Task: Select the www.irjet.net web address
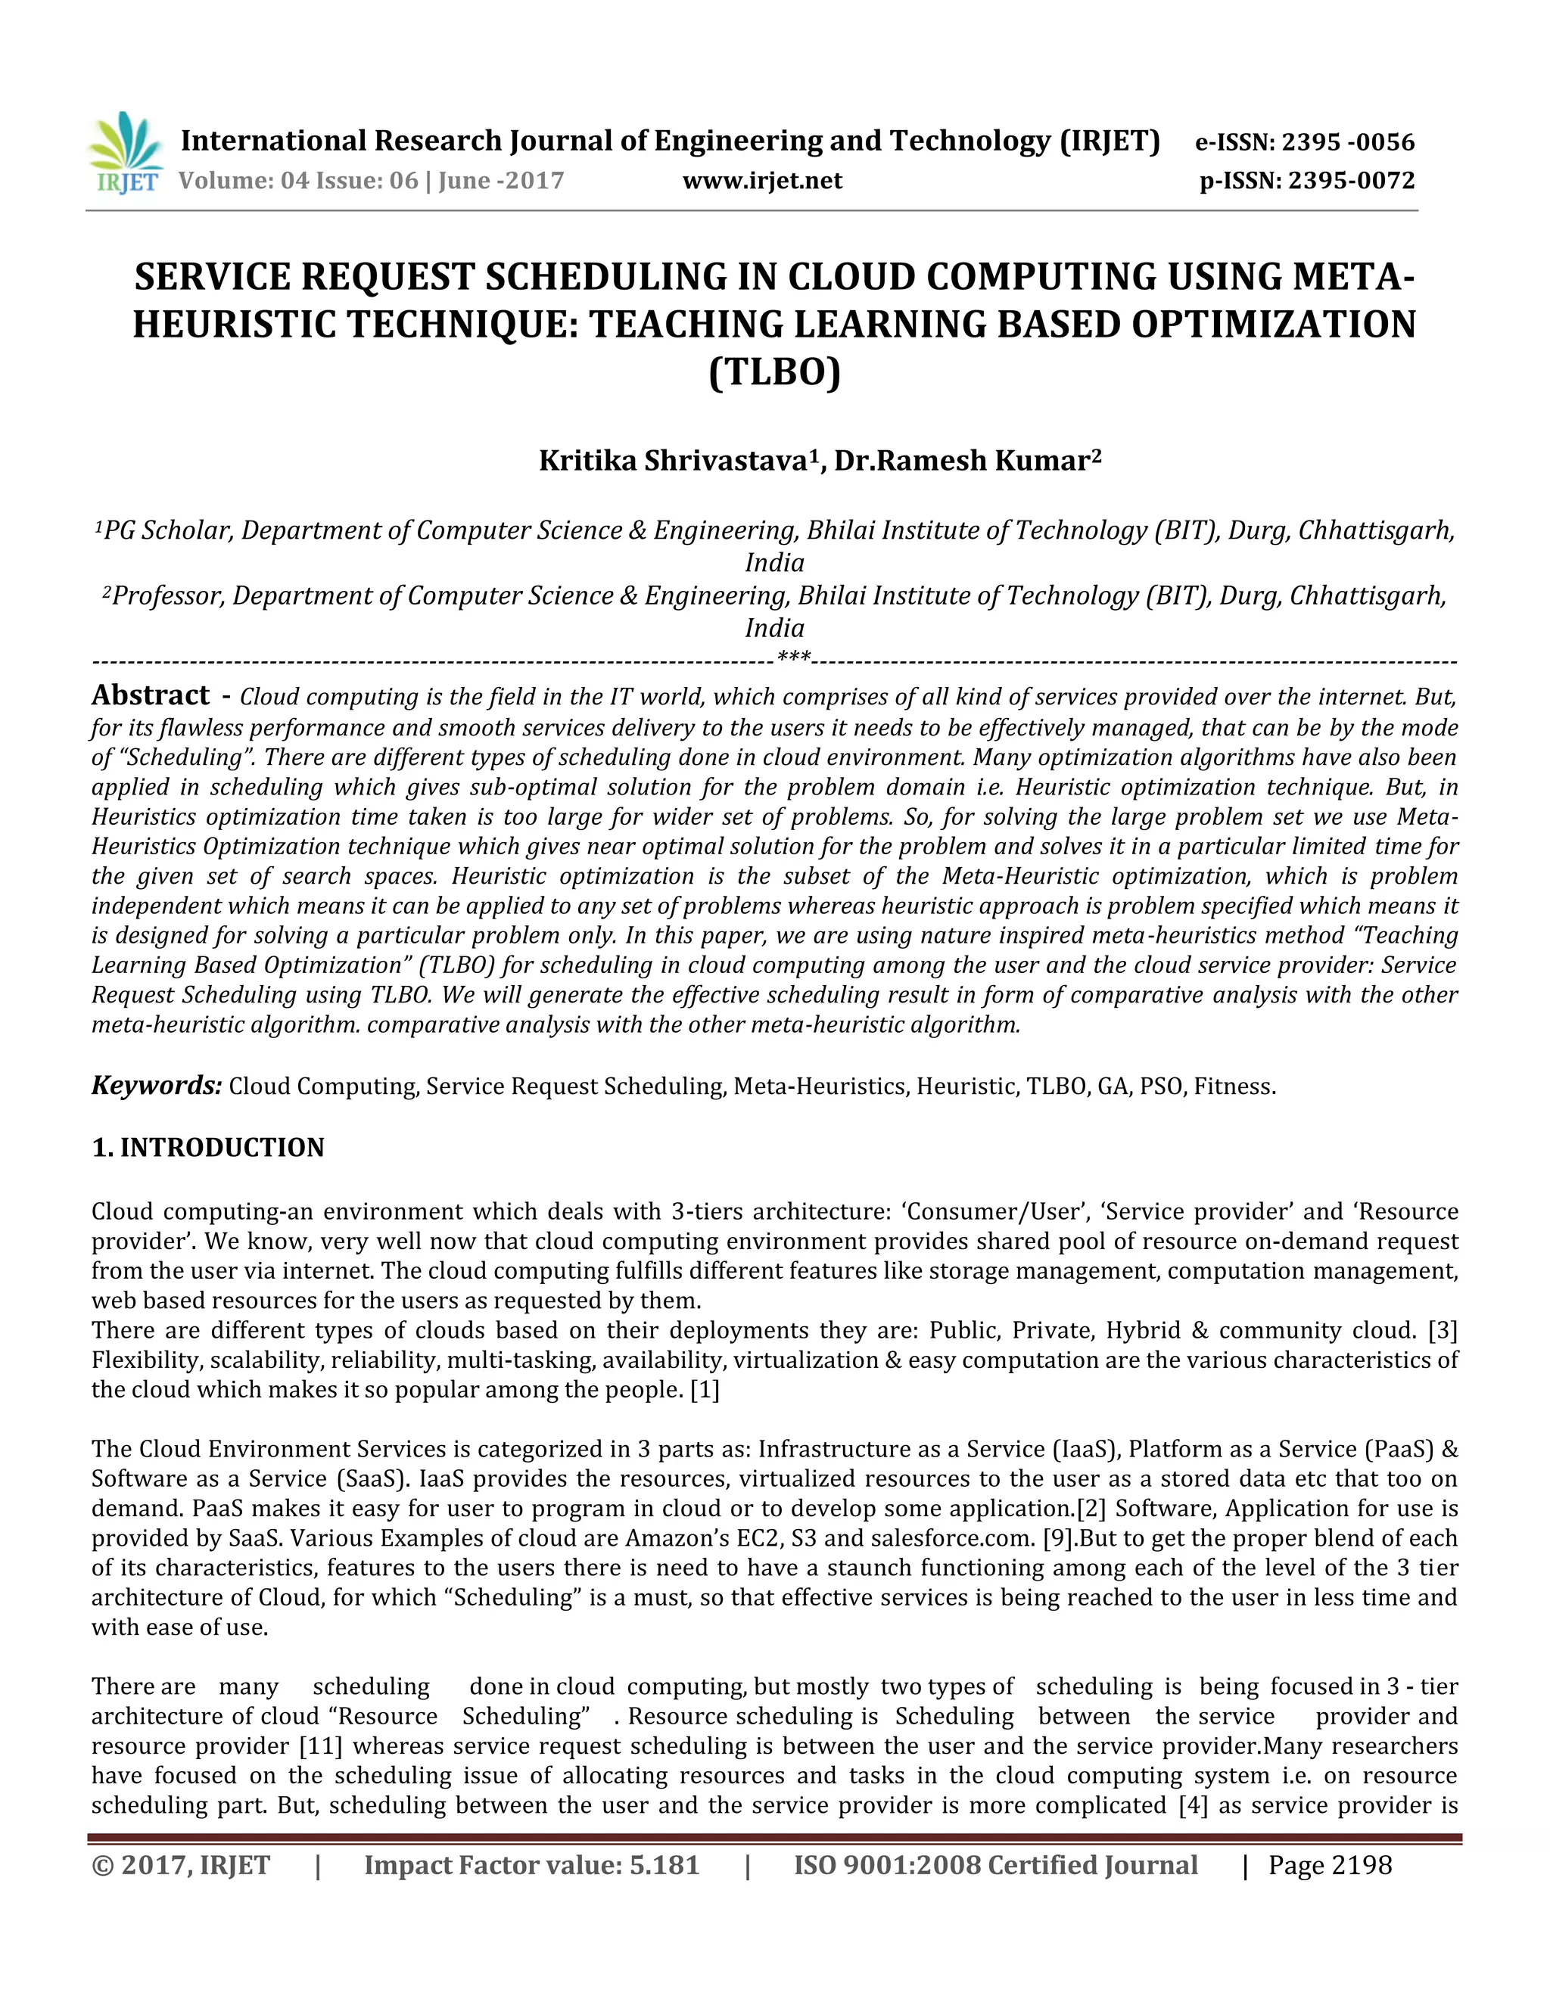(762, 181)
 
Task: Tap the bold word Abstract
(151, 695)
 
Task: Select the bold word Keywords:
(156, 1086)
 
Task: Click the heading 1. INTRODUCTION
(207, 1148)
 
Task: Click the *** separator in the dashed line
(793, 657)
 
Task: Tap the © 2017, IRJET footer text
(181, 1866)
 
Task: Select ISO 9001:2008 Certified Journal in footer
(995, 1866)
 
